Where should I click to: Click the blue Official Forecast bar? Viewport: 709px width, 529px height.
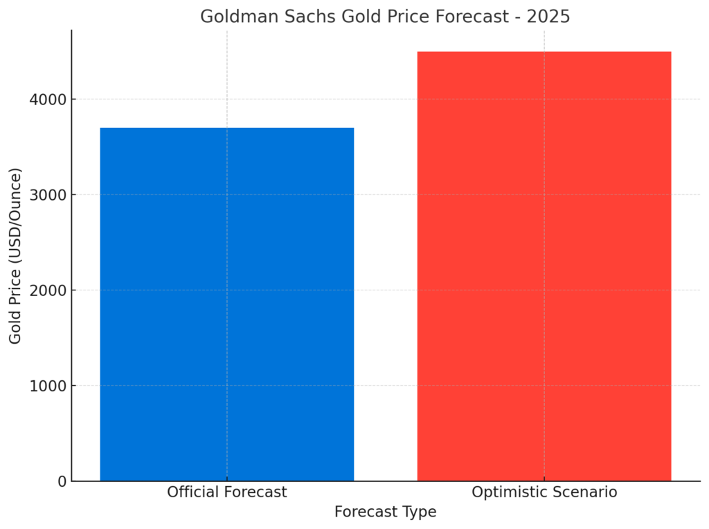coord(226,304)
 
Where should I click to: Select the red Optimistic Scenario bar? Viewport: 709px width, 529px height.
coord(544,266)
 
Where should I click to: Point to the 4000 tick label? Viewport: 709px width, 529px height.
coord(48,100)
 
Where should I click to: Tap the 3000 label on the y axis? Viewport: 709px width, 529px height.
coord(48,195)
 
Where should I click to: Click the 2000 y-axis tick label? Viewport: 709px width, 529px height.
coord(48,290)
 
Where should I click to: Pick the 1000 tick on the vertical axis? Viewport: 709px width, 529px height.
coord(48,387)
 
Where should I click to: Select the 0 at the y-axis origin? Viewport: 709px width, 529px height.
coord(62,481)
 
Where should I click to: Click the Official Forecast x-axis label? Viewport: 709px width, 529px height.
coord(226,492)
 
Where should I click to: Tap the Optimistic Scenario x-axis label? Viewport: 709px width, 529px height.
coord(544,492)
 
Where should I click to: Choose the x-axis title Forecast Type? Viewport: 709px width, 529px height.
coord(385,512)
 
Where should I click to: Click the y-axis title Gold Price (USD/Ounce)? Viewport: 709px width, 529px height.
coord(15,256)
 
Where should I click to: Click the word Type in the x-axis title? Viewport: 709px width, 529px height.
coord(420,512)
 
